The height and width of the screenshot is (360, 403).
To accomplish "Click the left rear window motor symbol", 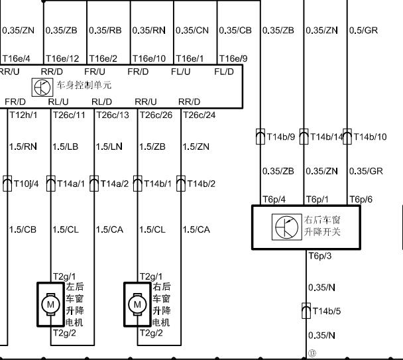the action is (50, 304).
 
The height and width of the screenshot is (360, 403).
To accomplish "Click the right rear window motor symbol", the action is (137, 304).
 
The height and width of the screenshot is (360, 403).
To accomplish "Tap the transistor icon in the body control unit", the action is (42, 88).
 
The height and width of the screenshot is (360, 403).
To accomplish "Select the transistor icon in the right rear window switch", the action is (286, 227).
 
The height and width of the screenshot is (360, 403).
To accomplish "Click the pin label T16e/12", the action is (62, 58).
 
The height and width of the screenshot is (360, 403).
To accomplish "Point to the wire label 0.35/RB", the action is (105, 30).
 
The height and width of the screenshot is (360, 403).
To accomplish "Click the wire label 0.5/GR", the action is (363, 30).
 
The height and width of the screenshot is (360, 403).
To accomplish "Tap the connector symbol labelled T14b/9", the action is (260, 137).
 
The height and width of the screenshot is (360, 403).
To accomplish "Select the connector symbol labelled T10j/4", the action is (7, 184).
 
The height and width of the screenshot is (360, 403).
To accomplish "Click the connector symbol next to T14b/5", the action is (306, 311).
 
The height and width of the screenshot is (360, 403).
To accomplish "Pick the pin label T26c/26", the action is (156, 115).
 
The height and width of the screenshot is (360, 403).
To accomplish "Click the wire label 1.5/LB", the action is (65, 147).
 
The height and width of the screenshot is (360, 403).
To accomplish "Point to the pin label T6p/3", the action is (320, 256).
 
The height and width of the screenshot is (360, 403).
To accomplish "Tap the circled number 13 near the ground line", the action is (312, 353).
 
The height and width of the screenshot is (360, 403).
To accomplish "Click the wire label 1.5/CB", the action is (23, 229).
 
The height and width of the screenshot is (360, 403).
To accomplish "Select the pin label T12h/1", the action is (23, 115).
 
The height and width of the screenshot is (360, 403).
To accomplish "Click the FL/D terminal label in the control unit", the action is (224, 72).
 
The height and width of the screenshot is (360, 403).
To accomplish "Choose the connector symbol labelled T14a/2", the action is (94, 184).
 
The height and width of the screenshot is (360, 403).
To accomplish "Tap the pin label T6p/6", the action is (361, 200).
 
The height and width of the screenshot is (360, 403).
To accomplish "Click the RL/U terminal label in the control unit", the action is (58, 102).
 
